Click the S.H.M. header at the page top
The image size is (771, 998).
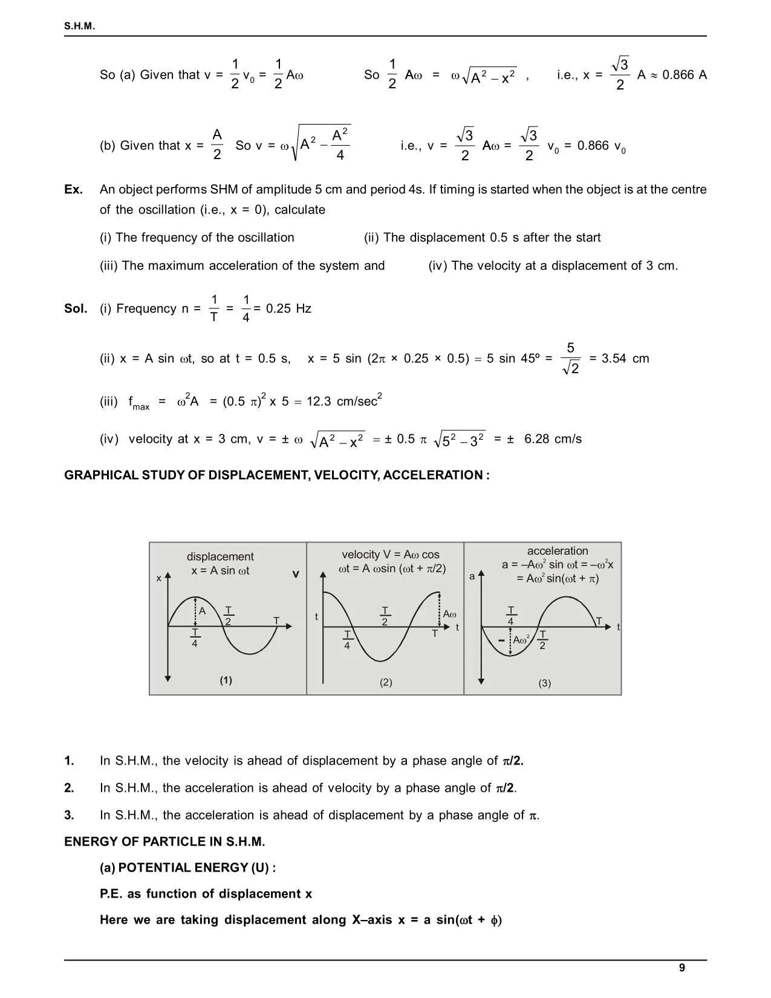(80, 27)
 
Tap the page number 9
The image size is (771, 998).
(682, 968)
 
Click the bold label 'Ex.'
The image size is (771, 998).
(73, 189)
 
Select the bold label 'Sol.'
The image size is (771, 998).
(76, 308)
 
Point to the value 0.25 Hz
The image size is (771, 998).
(288, 308)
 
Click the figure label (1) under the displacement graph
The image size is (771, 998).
(226, 680)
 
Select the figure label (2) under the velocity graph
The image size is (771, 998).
(386, 682)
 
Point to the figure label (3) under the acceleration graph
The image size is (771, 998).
(544, 683)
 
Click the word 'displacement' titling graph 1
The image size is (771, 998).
(220, 556)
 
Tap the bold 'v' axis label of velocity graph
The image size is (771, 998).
(296, 574)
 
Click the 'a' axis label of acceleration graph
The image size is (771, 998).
(472, 576)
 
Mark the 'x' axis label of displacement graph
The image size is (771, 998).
(159, 578)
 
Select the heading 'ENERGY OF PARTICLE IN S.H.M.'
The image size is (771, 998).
(164, 841)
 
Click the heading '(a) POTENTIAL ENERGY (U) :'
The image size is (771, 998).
(187, 867)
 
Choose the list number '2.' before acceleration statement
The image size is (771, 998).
(70, 788)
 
